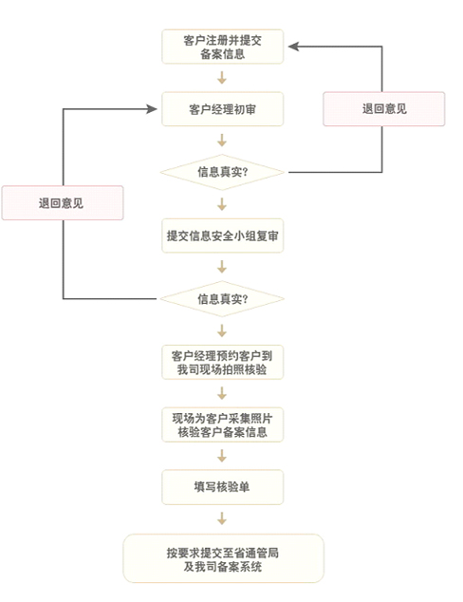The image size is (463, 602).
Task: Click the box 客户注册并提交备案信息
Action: [x=222, y=47]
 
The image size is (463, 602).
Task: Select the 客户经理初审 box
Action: [x=222, y=109]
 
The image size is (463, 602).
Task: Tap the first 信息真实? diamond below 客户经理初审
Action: [x=222, y=172]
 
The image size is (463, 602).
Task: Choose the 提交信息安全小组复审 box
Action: [x=222, y=235]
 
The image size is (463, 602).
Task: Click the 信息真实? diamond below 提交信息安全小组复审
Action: [x=222, y=299]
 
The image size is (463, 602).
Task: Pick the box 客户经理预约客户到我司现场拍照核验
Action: [x=222, y=362]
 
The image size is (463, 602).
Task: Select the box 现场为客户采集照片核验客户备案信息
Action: [x=222, y=424]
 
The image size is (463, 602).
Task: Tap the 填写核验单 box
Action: [x=222, y=487]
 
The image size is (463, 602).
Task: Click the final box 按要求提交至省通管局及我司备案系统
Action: [x=223, y=558]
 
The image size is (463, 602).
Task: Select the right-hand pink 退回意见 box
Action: [x=384, y=109]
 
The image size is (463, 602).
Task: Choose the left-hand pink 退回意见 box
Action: [x=63, y=202]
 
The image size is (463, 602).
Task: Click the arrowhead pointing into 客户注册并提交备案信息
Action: [x=293, y=47]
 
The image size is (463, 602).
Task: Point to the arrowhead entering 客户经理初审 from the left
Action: [x=152, y=109]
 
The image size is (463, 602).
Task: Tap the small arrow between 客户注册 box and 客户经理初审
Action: [x=222, y=78]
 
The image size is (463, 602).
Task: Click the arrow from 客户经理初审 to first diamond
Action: [x=222, y=141]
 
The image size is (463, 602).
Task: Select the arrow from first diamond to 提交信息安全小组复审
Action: [x=222, y=204]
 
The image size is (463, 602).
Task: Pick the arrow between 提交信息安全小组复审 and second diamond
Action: [x=222, y=267]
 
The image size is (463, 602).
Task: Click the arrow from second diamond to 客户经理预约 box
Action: [x=222, y=330]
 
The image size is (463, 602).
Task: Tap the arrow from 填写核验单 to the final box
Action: [x=222, y=518]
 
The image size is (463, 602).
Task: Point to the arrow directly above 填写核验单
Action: [x=222, y=456]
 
